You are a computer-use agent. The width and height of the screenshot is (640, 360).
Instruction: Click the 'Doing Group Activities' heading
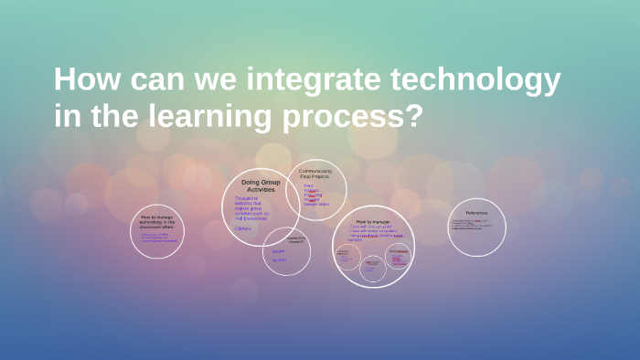pyautogui.click(x=261, y=185)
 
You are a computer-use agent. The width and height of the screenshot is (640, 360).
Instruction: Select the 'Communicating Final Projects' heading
pyautogui.click(x=315, y=173)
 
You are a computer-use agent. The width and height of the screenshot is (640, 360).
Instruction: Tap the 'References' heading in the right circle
pyautogui.click(x=476, y=213)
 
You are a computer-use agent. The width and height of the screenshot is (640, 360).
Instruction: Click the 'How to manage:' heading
pyautogui.click(x=373, y=222)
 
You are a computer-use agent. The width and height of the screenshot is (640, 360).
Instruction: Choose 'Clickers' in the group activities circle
pyautogui.click(x=243, y=228)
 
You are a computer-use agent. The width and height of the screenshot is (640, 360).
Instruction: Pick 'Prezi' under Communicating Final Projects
pyautogui.click(x=308, y=185)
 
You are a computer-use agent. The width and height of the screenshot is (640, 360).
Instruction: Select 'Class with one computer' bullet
pyautogui.click(x=370, y=227)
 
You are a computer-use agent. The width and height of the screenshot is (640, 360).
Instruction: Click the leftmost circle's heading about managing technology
pyautogui.click(x=156, y=221)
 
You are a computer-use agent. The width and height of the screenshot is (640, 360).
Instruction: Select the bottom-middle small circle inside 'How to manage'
pyautogui.click(x=372, y=266)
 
